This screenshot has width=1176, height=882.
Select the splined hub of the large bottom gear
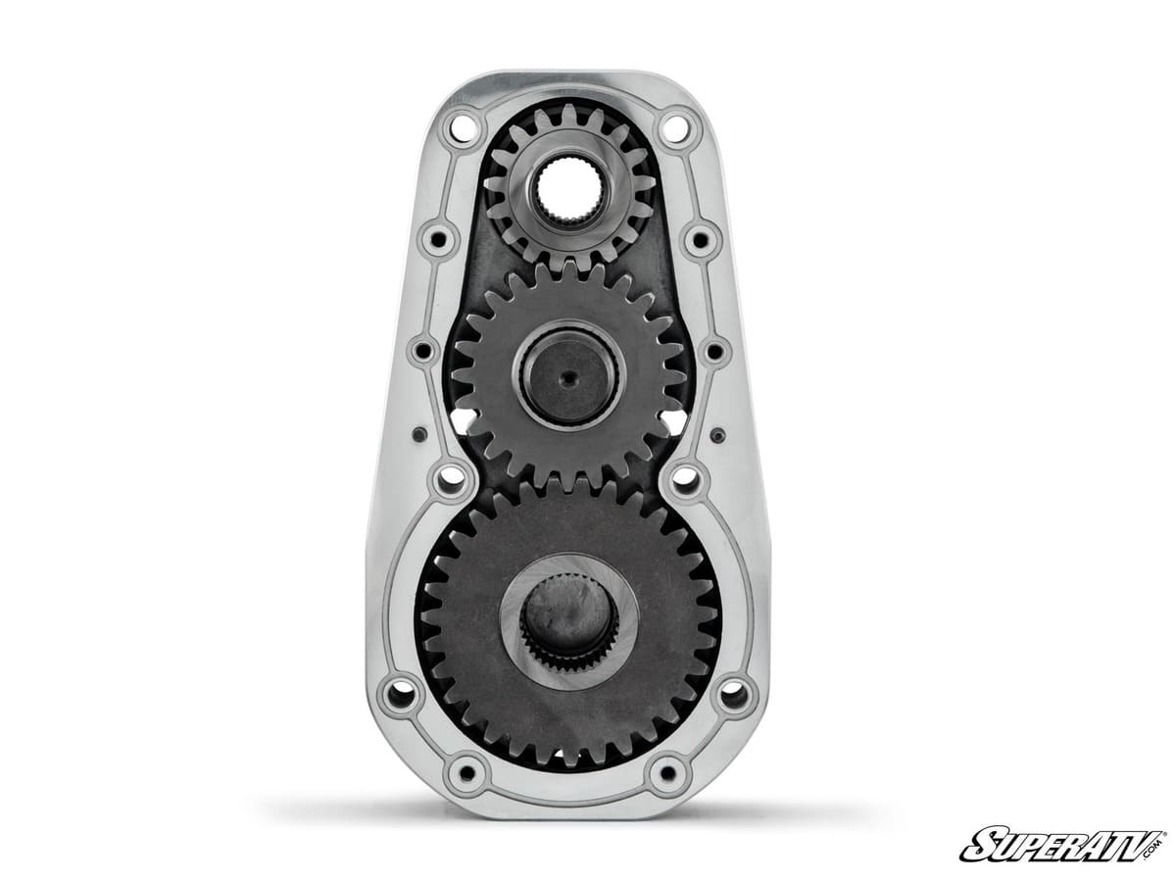coord(567,619)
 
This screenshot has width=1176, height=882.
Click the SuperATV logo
coord(1062,845)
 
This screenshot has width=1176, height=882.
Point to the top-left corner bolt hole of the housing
coord(462,126)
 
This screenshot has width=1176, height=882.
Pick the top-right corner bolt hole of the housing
coord(676,126)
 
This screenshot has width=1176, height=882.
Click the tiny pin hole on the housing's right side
coord(718,434)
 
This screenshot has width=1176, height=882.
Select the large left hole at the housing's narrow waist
coord(451,479)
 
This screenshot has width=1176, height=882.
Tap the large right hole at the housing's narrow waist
coord(685,479)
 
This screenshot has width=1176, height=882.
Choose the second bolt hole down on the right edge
coord(702,238)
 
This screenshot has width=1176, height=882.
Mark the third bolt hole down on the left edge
coord(424,350)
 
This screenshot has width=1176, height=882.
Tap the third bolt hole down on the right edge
coord(713,350)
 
